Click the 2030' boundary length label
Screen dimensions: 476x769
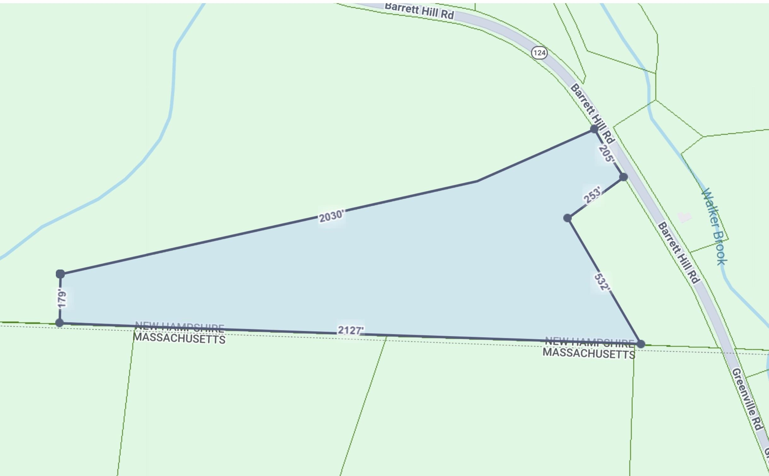point(331,216)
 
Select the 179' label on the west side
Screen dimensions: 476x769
point(62,299)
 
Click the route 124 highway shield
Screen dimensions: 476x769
point(539,53)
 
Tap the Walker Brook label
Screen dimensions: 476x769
point(714,226)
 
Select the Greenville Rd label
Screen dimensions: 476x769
point(747,399)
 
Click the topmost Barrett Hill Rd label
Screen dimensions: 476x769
point(419,11)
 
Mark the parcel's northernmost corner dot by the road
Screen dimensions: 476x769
point(594,129)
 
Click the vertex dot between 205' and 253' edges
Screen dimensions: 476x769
point(624,177)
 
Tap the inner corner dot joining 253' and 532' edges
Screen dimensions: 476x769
point(567,218)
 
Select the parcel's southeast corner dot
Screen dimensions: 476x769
point(641,344)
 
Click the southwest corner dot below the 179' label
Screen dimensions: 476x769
point(60,322)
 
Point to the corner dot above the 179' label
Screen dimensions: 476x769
point(60,274)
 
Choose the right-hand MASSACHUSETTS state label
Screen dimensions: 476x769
point(589,353)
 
